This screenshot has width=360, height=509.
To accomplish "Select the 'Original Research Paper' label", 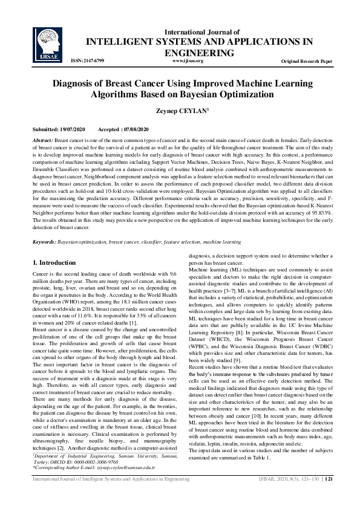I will (x=307, y=62).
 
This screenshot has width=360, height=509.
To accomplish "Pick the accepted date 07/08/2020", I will (x=135, y=130).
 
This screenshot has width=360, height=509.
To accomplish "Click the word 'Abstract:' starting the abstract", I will (x=44, y=140).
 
